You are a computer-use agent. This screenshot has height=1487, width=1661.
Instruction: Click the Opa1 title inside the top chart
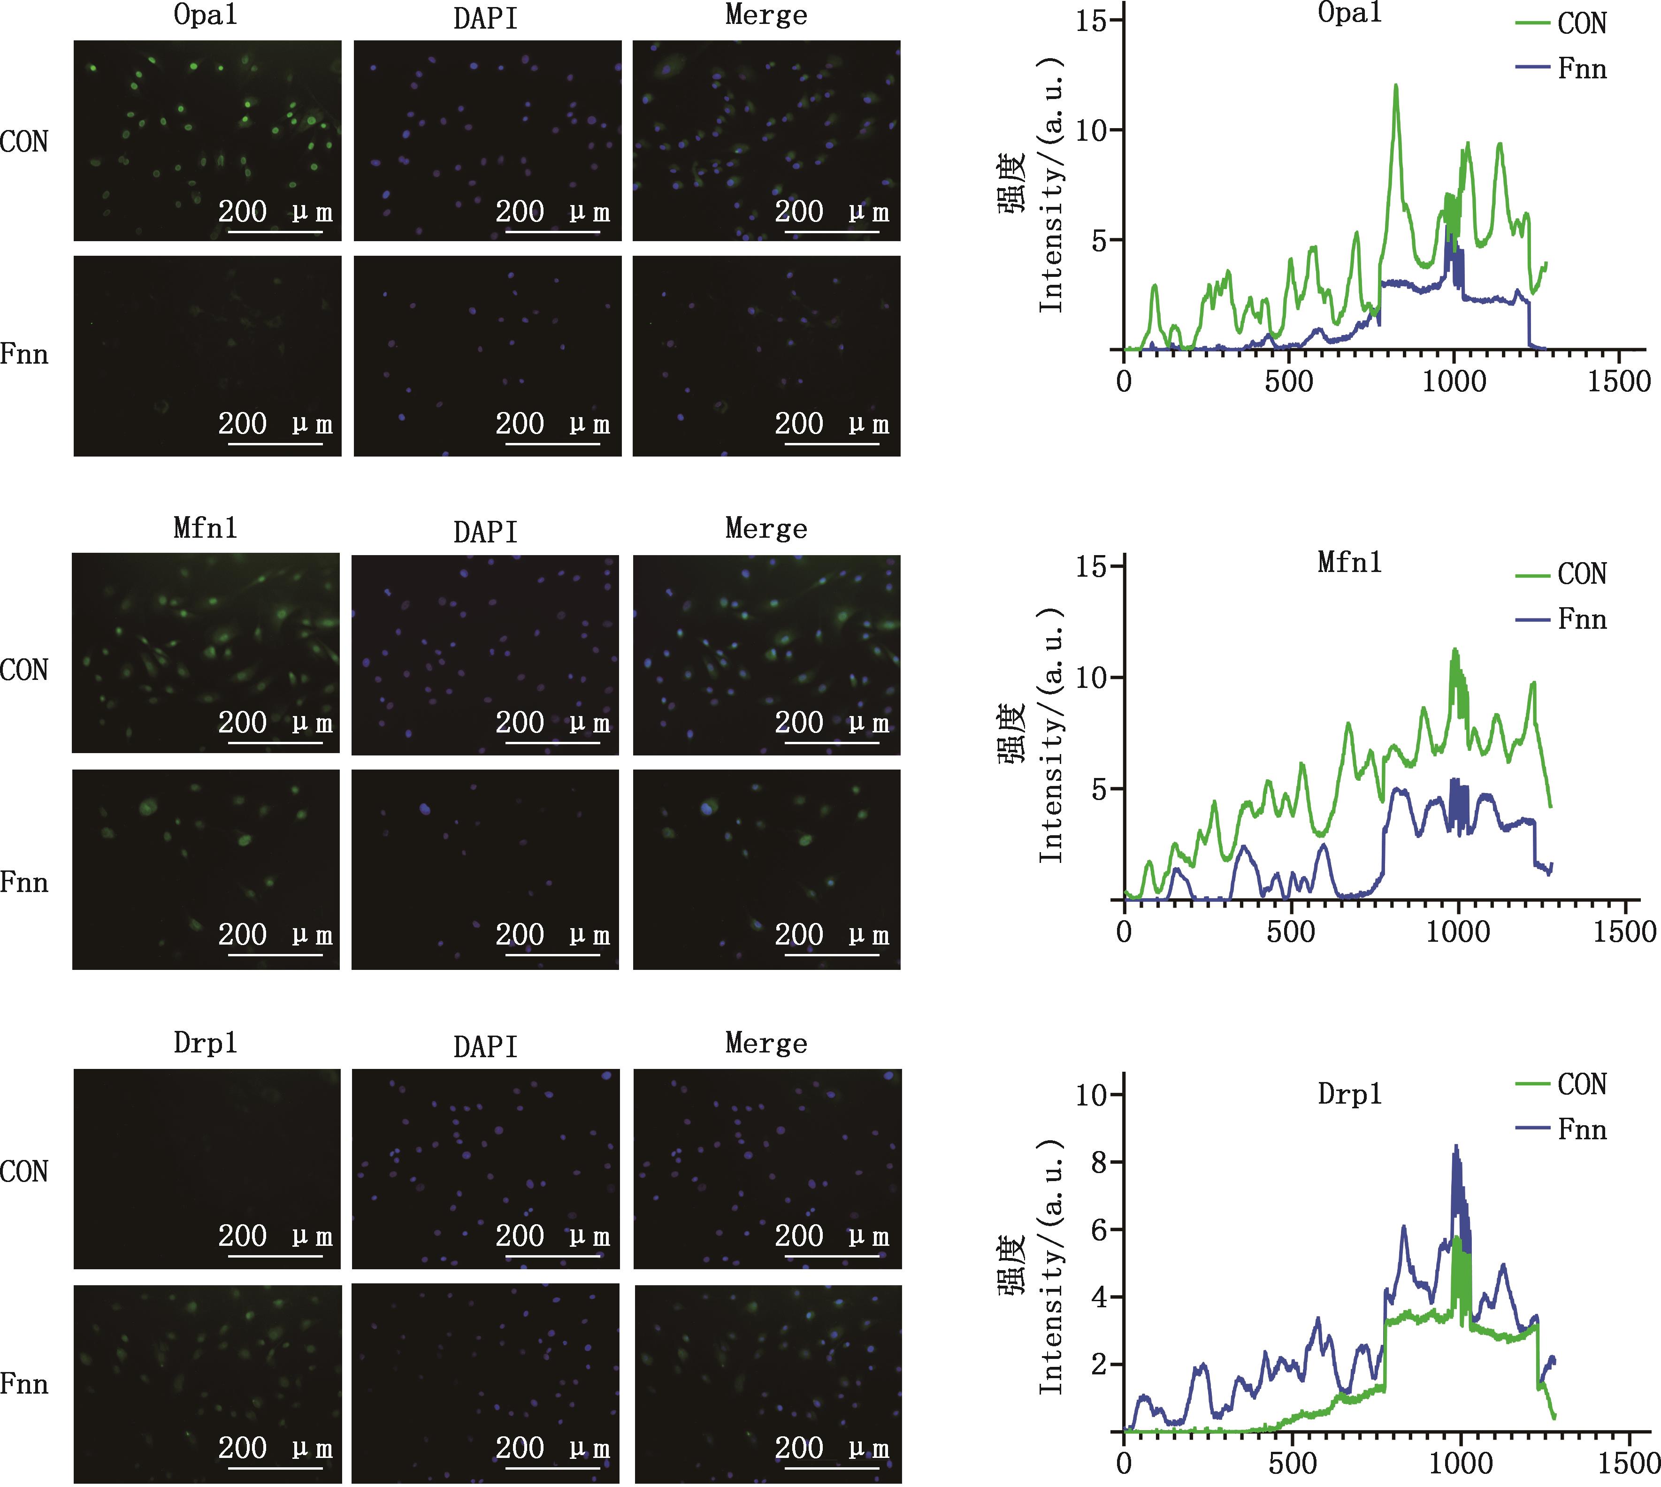(x=1350, y=13)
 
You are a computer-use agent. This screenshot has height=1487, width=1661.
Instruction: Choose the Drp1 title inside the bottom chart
(x=1350, y=1093)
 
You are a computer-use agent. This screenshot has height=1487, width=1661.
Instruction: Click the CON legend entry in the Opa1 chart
(x=1581, y=23)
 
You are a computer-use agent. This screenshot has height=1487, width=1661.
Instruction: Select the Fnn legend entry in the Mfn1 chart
(x=1581, y=619)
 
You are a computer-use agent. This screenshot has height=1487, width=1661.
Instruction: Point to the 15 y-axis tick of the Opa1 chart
(x=1091, y=21)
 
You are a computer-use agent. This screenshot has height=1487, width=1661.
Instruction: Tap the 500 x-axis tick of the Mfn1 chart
(x=1291, y=931)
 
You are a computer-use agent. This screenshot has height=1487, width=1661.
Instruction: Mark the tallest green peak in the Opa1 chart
(x=1395, y=85)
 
